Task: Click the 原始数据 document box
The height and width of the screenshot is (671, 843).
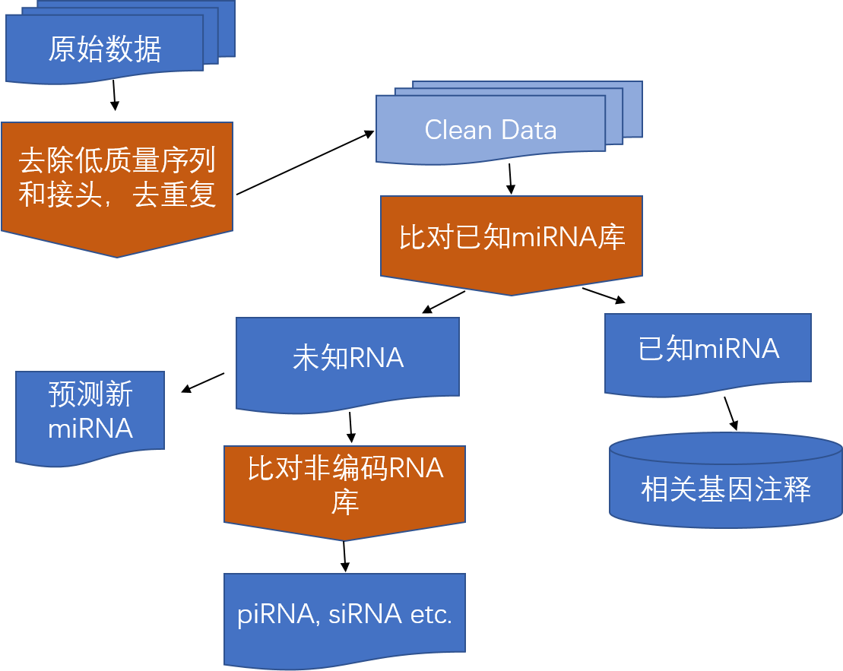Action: (105, 49)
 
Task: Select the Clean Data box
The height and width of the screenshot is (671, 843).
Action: (490, 129)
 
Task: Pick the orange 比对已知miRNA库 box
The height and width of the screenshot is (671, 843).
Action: (512, 239)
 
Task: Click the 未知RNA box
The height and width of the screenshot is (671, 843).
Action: (347, 358)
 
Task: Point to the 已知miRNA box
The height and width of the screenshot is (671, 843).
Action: (708, 350)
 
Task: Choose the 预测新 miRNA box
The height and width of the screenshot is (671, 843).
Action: (90, 412)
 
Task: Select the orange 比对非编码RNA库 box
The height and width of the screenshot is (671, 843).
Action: (344, 486)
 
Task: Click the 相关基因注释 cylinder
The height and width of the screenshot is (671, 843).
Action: (725, 489)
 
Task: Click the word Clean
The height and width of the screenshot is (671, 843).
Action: (458, 130)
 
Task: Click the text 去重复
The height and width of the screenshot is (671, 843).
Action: (175, 195)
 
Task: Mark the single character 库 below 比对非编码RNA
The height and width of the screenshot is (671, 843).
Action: (344, 502)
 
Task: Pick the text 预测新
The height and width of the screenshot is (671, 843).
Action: (90, 395)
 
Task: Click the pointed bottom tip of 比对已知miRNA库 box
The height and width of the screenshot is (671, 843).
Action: (512, 293)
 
